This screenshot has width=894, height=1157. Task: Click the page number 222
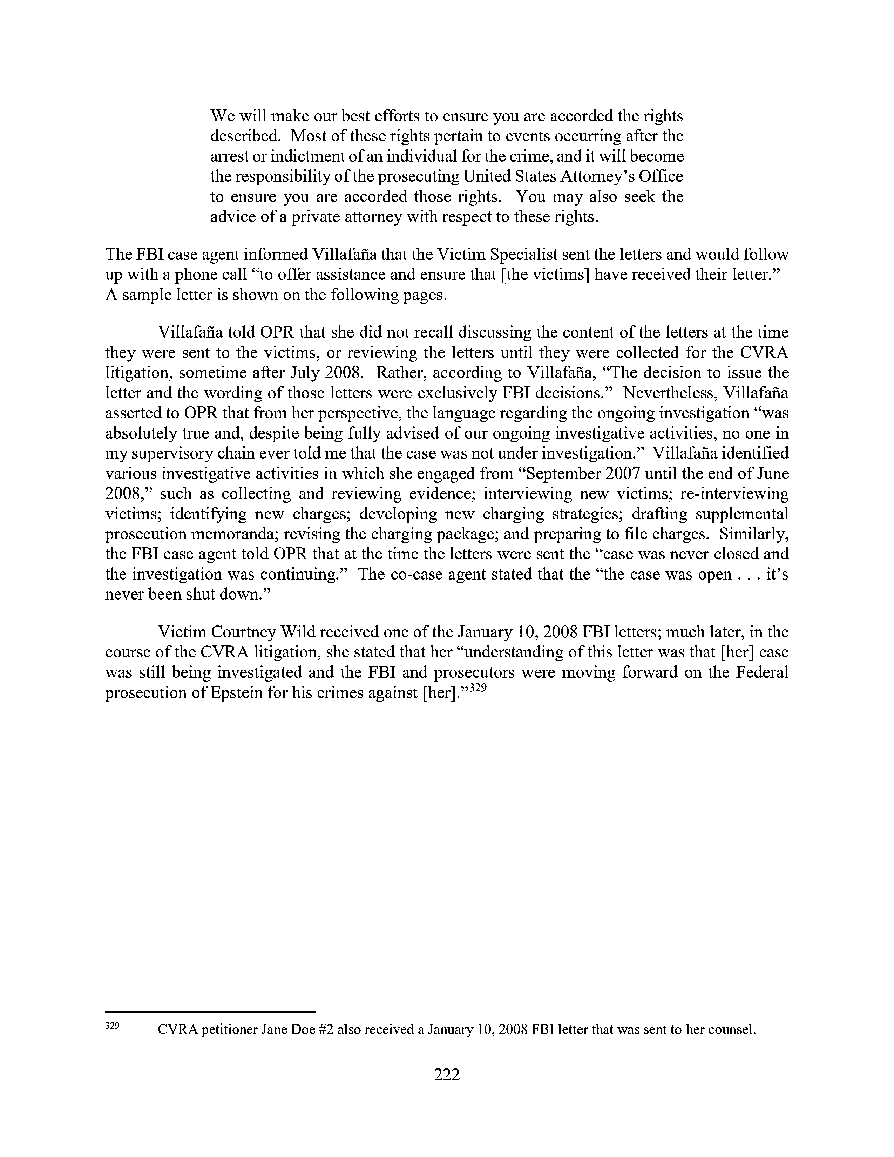coord(446,1074)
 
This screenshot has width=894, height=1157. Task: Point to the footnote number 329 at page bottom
coord(112,1026)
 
